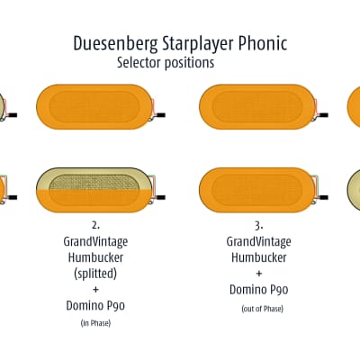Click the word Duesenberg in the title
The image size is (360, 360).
(x=115, y=44)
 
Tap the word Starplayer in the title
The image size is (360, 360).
(x=198, y=44)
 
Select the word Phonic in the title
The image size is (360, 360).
(x=263, y=43)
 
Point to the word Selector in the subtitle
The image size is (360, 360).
(x=139, y=63)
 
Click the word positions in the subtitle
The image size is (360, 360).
(x=189, y=63)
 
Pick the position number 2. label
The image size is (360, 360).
(x=95, y=225)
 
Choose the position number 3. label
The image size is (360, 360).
(x=258, y=226)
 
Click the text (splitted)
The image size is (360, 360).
(x=95, y=274)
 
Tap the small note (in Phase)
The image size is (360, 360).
(x=95, y=323)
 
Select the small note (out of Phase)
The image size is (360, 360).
(x=262, y=309)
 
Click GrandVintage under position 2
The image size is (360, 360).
(x=95, y=242)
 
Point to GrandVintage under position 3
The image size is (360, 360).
(x=258, y=242)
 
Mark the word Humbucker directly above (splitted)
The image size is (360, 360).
(x=95, y=257)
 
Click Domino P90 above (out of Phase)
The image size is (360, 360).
(x=258, y=290)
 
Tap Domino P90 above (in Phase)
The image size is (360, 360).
(x=95, y=305)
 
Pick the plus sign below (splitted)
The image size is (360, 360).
(x=95, y=290)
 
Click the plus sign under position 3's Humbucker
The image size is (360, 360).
(x=258, y=274)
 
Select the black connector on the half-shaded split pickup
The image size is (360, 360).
(x=160, y=197)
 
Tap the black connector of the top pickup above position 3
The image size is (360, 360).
(x=323, y=115)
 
